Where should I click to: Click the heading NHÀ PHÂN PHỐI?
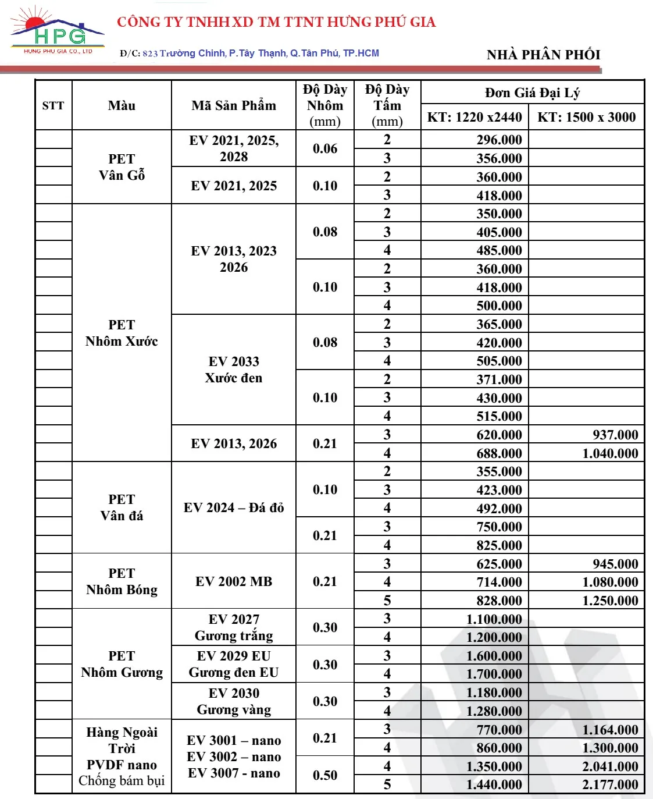pos(543,55)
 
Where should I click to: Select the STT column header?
pos(53,105)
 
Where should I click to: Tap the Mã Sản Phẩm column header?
pos(234,105)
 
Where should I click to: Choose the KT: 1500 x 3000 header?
pos(586,117)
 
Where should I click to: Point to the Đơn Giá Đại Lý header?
pos(532,93)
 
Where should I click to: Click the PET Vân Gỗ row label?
pos(122,167)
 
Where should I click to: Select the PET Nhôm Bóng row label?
pos(122,581)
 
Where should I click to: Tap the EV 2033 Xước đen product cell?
pos(234,370)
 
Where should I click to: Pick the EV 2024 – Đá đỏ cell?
pos(234,507)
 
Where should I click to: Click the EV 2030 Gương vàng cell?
pos(234,701)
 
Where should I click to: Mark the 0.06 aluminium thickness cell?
pos(324,148)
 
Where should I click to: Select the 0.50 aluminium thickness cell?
pos(324,775)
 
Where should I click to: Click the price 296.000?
pos(499,140)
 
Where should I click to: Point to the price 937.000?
pos(615,435)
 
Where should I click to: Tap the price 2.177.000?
pos(610,784)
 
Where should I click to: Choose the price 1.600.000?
pos(494,656)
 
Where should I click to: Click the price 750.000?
pos(499,527)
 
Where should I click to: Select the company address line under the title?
pos(249,53)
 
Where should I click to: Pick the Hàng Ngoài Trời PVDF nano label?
pos(122,756)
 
